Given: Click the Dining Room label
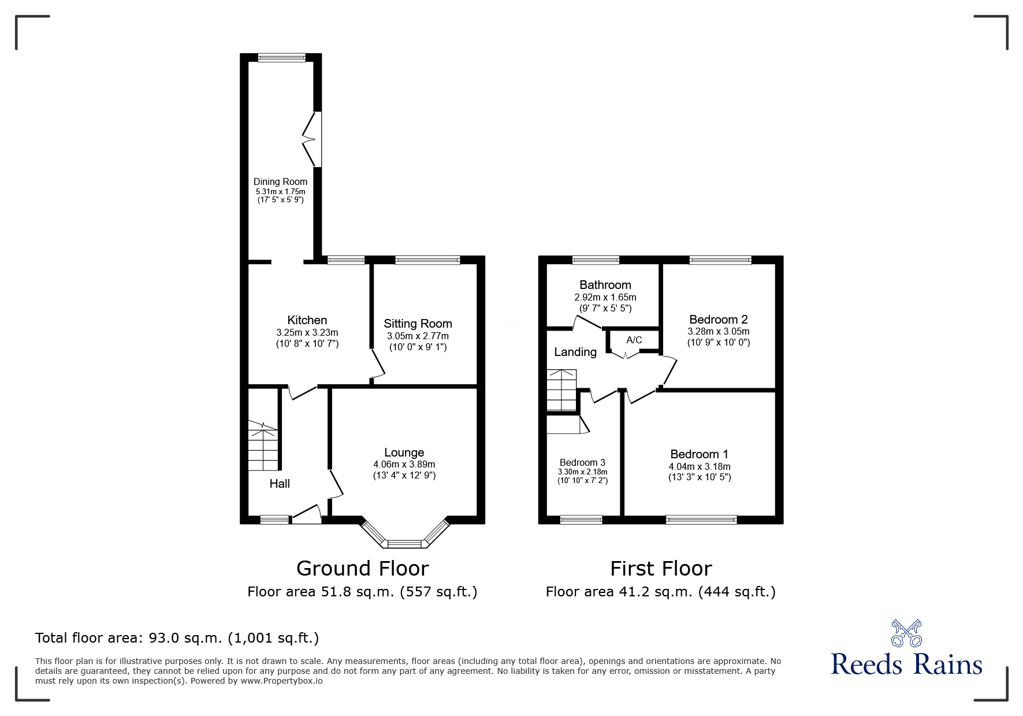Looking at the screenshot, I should click(280, 181).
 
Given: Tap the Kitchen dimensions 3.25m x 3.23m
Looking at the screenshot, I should click(307, 332).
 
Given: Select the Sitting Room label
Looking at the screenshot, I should click(417, 324).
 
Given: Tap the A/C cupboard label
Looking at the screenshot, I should click(634, 340).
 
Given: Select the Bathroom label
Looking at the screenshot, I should click(605, 285).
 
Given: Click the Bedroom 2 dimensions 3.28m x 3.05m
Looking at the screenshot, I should click(718, 332).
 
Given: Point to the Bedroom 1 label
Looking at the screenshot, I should click(699, 454).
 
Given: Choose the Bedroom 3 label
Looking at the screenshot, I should click(582, 462).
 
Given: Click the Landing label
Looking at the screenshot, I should click(575, 352).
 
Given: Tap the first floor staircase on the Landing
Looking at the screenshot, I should click(562, 390).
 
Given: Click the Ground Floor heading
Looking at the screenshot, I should click(362, 569).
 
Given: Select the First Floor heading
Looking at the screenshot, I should click(661, 569).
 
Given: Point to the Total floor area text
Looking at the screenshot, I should click(177, 638).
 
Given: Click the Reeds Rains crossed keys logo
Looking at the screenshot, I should click(906, 633).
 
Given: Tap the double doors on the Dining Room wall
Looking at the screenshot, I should click(313, 139).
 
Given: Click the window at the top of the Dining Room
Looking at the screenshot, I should click(281, 57).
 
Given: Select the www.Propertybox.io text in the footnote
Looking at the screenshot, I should click(281, 681).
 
